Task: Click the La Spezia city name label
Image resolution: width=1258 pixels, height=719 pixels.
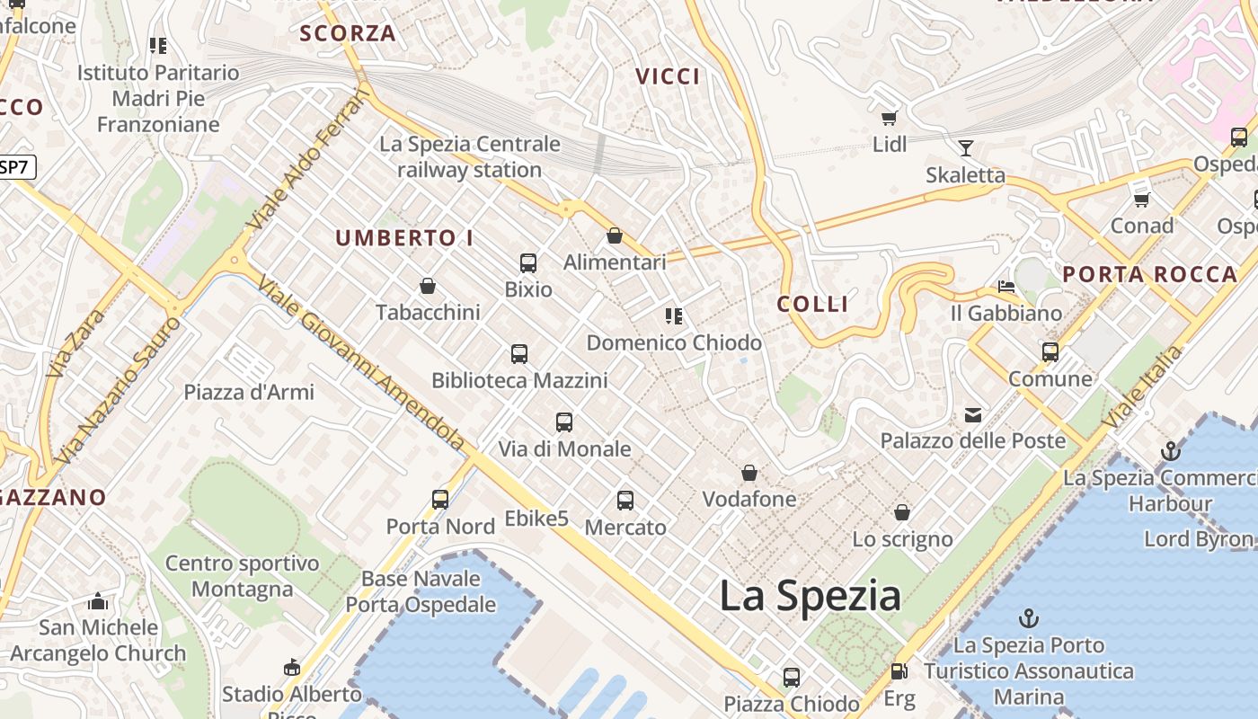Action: [x=810, y=596]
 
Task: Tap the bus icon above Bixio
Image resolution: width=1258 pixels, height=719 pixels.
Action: [x=528, y=263]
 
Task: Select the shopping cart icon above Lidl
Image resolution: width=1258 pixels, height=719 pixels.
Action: [x=890, y=118]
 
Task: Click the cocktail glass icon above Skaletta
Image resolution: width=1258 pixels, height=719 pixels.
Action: [x=966, y=148]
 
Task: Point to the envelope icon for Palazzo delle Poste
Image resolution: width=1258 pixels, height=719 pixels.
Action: [x=973, y=414]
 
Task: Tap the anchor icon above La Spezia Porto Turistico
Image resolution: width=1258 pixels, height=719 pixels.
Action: [x=1029, y=618]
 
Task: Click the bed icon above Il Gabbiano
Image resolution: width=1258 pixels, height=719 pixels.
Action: [x=1006, y=287]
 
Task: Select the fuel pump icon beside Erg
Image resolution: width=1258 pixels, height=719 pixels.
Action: [x=898, y=671]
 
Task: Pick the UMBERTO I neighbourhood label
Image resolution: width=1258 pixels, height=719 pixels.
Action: [x=404, y=238]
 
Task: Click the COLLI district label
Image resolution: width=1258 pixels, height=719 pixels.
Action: [x=813, y=304]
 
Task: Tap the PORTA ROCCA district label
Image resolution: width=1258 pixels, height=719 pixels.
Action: [x=1150, y=275]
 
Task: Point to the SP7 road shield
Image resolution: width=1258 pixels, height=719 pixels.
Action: [x=15, y=166]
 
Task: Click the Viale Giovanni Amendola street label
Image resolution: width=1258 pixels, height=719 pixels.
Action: [x=360, y=363]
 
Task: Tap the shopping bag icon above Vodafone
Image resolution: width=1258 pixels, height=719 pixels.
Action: [x=749, y=473]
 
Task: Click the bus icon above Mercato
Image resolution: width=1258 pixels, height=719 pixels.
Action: [x=625, y=501]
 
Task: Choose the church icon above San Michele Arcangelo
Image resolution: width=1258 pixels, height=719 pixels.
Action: [x=98, y=601]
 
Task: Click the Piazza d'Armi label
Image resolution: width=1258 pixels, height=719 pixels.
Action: [x=249, y=392]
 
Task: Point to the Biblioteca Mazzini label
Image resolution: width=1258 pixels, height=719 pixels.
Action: [x=519, y=380]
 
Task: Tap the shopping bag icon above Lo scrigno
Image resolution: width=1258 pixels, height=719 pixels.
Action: [x=902, y=512]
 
